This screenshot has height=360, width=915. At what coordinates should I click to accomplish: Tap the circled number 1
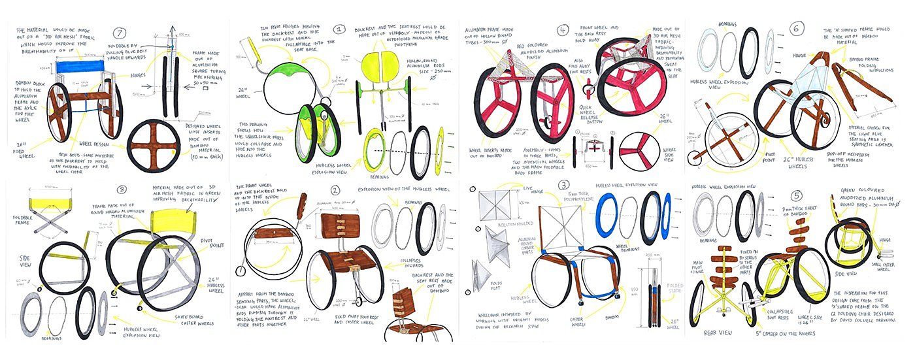[x=339, y=29]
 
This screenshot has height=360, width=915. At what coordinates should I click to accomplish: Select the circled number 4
[x=562, y=30]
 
